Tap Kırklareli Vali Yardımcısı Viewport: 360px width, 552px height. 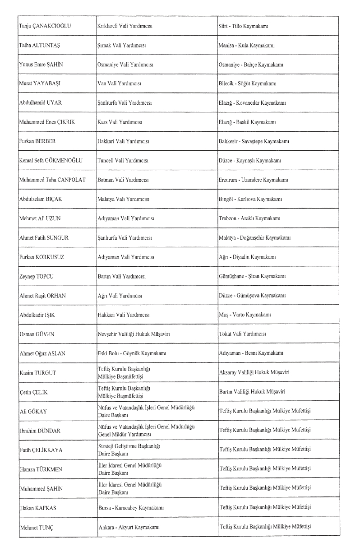point(125,26)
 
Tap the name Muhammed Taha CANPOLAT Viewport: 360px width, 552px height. point(55,180)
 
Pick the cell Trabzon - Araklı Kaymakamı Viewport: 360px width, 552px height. point(249,218)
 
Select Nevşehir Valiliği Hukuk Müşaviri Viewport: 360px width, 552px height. point(134,334)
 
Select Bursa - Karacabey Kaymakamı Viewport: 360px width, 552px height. point(131,507)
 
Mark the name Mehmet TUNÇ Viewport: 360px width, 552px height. point(37,527)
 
